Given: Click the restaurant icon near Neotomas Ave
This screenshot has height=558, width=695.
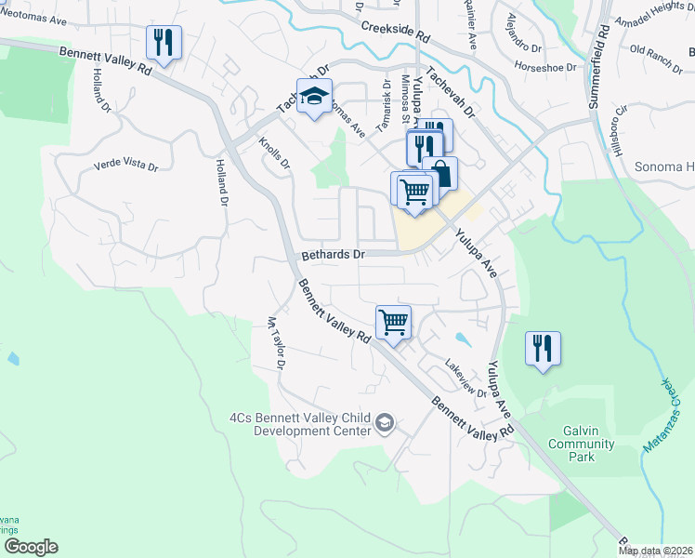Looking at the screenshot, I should [164, 43].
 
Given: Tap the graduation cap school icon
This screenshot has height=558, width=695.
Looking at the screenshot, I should [314, 96].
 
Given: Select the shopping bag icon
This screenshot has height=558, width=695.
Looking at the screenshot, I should [440, 173].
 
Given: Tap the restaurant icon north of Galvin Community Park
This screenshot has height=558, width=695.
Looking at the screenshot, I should [543, 349].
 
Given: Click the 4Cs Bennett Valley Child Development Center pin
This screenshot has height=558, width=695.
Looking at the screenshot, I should [384, 425].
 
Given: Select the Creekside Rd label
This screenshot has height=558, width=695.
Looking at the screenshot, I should [396, 33].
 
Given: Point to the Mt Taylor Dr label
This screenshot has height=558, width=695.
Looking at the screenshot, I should [274, 343].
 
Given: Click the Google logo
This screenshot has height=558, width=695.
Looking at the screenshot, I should [31, 547].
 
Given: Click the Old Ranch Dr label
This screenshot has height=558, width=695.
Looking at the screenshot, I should [655, 51].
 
